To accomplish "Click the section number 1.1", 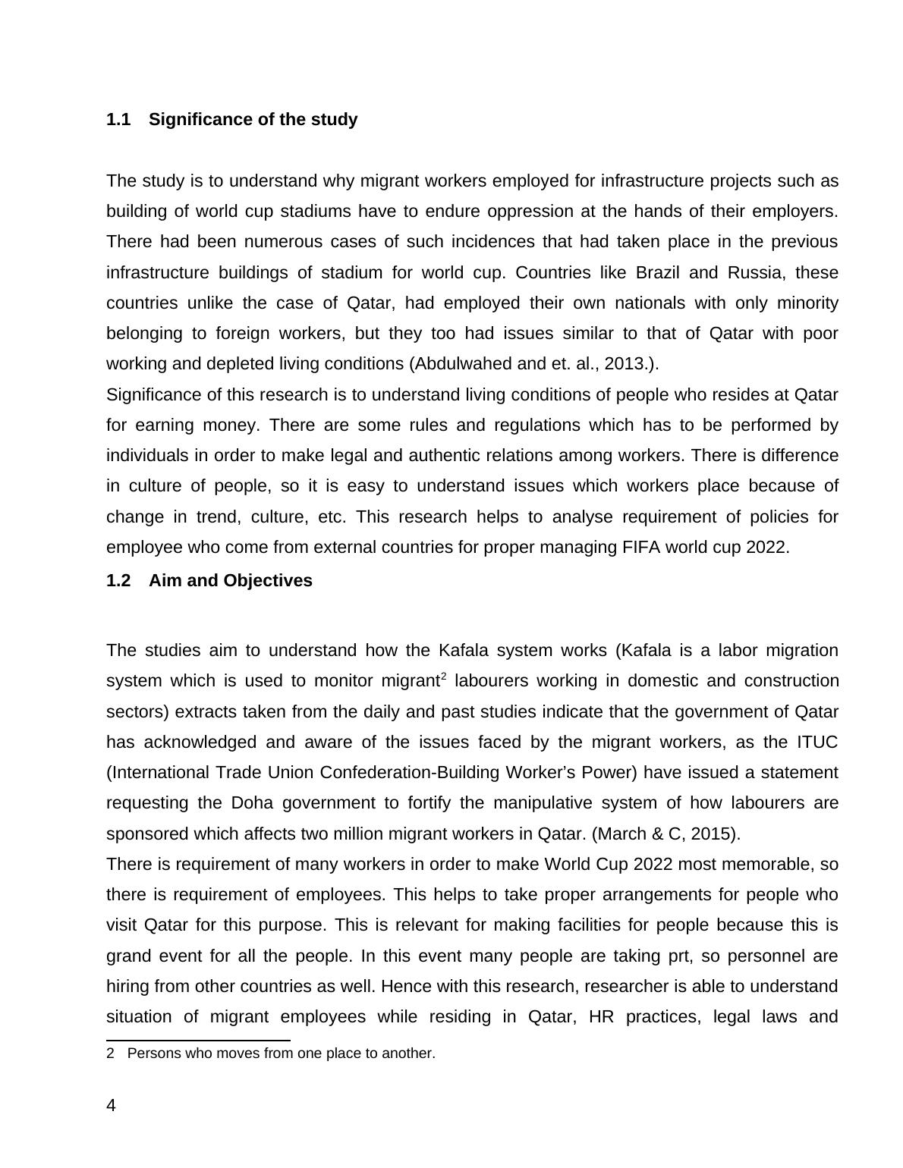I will tap(118, 120).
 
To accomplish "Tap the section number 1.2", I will tap(118, 581).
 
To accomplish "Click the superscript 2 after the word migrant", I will tap(443, 676).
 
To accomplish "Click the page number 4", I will tap(112, 1106).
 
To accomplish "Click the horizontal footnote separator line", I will tap(198, 1041).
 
